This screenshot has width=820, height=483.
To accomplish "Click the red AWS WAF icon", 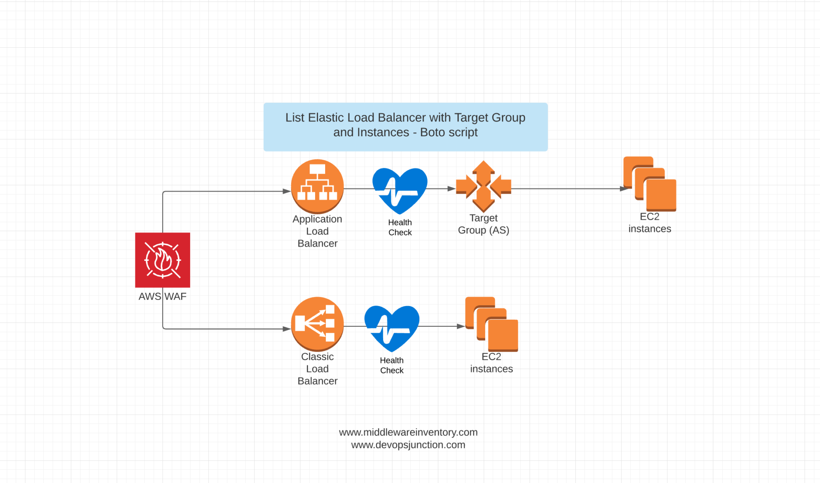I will coord(163,260).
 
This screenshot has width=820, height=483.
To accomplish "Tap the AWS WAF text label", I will coord(163,296).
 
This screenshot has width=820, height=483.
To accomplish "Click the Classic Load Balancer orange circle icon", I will coord(317,324).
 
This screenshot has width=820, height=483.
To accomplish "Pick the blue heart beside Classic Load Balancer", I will coord(392,327).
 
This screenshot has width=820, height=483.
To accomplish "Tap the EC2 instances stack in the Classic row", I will coord(492,324).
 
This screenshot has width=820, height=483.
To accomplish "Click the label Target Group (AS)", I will coord(484,224).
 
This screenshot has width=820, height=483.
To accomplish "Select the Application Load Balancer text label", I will coord(317,231).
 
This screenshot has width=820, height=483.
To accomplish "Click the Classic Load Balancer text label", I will coord(317,369).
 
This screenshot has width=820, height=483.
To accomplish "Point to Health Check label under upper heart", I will coord(400,227).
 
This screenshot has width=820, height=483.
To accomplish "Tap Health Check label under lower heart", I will coord(392,365).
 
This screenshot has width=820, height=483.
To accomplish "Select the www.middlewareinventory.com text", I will coord(408,432).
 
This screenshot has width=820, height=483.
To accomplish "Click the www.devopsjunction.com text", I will coord(408,445).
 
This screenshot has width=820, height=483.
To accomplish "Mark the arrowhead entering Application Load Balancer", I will coord(287,191).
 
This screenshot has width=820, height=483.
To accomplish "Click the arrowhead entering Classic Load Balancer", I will coord(287,329).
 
